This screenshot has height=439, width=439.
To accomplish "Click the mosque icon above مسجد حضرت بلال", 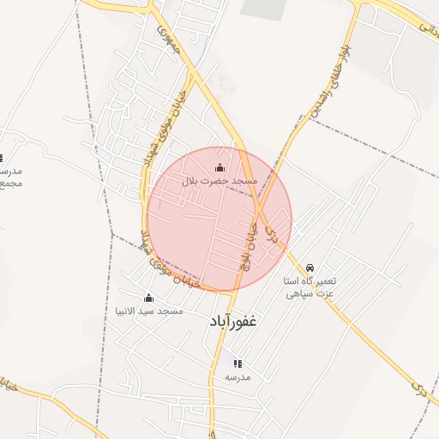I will pyautogui.click(x=219, y=167).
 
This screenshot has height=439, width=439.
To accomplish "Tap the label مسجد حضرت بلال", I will pyautogui.click(x=219, y=182).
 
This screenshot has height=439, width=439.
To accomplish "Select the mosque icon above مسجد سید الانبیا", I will pyautogui.click(x=149, y=298).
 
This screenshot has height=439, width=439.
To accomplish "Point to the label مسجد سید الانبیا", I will pyautogui.click(x=150, y=311).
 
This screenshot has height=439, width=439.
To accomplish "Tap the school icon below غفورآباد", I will pyautogui.click(x=238, y=364).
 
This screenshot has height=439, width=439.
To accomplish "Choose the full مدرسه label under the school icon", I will pyautogui.click(x=238, y=377).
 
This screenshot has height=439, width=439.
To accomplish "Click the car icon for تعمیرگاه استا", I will pyautogui.click(x=310, y=268).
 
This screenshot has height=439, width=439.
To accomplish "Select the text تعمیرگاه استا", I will pyautogui.click(x=312, y=281).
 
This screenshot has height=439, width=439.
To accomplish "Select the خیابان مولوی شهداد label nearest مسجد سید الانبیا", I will pyautogui.click(x=175, y=270).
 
